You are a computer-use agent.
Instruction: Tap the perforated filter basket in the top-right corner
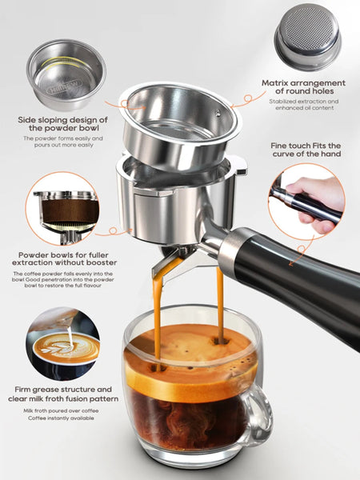[307, 38]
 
